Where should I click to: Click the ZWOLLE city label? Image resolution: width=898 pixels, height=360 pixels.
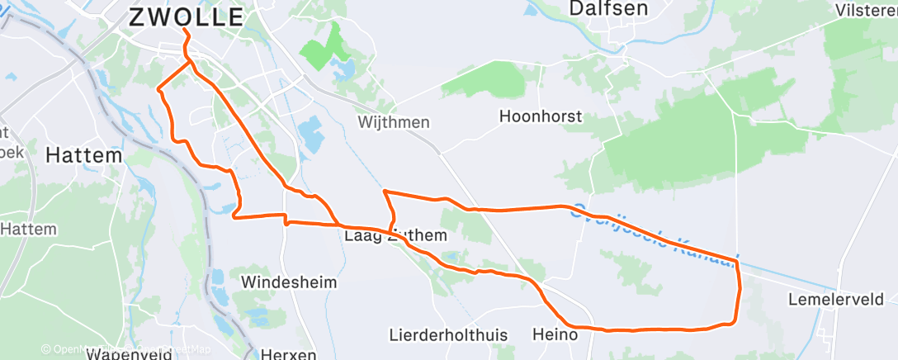pos(186,17)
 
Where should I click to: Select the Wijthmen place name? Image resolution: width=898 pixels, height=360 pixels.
pos(394,122)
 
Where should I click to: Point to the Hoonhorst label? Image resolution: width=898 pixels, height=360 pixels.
pos(541,116)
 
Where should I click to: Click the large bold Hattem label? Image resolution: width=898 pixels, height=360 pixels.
pos(83,154)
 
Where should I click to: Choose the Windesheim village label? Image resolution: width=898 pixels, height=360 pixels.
pos(288,282)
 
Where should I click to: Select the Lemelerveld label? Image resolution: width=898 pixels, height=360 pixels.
pos(842,298)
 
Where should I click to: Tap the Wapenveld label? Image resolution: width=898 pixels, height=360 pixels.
pos(127,354)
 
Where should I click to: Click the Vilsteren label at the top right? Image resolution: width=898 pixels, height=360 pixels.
pos(867,10)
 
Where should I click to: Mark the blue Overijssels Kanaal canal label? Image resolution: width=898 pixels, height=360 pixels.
pos(652,231)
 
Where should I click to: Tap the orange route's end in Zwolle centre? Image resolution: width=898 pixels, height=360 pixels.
pos(182,31)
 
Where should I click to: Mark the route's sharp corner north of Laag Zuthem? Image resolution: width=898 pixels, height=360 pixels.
pos(384,192)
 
